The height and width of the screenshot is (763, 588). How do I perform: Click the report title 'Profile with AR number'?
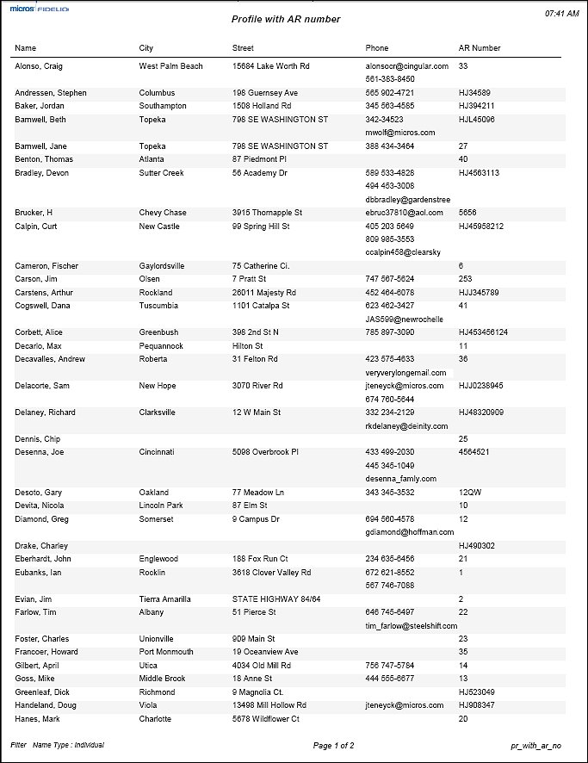(x=286, y=19)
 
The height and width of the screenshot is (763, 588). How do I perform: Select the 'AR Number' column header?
(x=480, y=48)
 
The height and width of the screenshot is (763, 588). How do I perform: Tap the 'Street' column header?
(x=243, y=48)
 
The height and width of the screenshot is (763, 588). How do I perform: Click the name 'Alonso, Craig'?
(x=39, y=66)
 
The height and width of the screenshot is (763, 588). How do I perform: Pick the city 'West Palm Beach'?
(x=171, y=66)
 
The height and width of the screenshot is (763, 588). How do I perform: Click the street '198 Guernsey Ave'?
(x=265, y=93)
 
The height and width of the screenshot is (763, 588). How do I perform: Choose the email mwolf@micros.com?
(x=400, y=133)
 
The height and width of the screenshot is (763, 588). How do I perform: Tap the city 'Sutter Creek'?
(x=162, y=173)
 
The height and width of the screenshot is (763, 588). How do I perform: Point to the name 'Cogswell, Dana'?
(x=43, y=306)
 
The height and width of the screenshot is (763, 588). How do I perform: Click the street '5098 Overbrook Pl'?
(x=265, y=452)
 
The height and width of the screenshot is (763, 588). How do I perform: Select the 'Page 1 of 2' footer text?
(x=334, y=746)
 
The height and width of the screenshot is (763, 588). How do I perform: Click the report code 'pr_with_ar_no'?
(x=535, y=746)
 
